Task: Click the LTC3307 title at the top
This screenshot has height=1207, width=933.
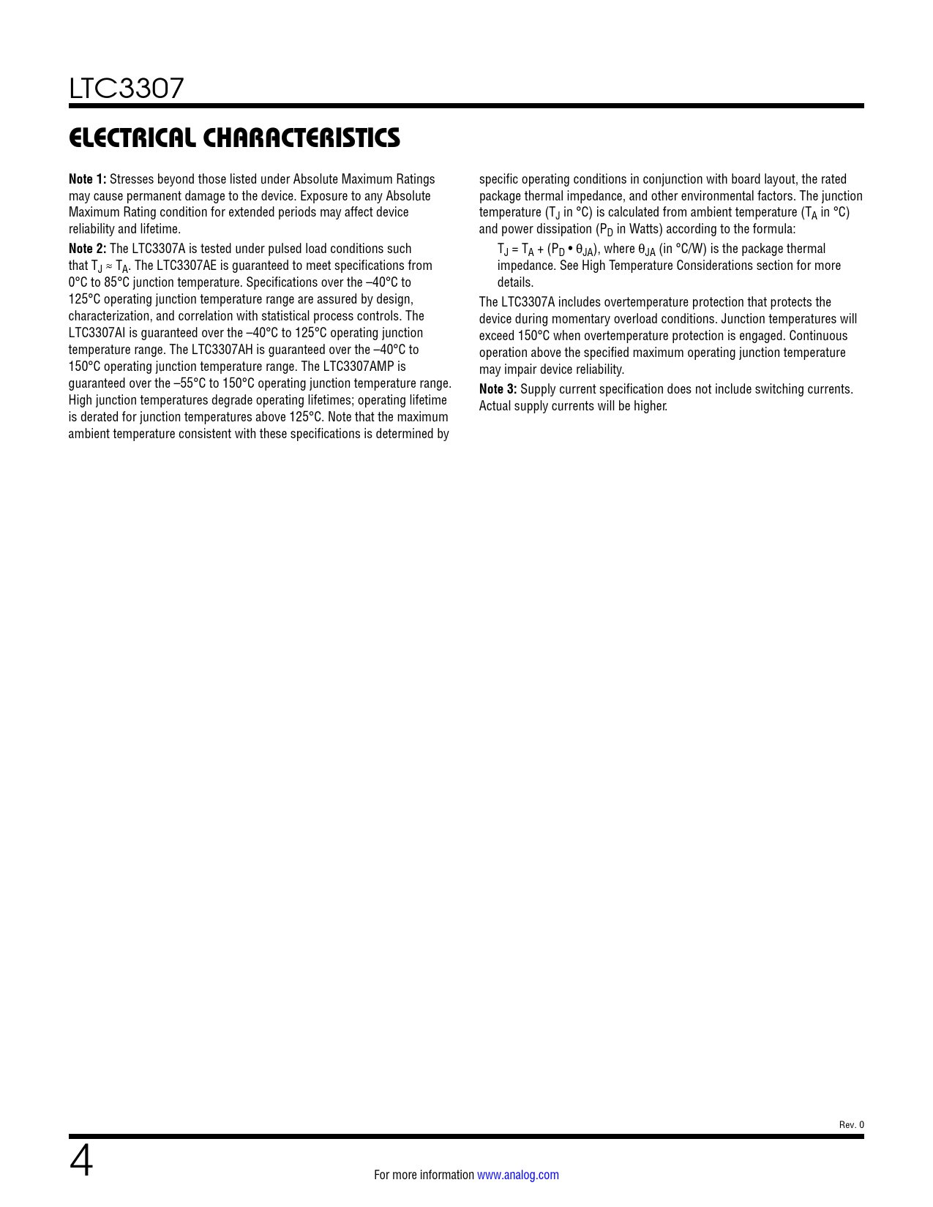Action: click(x=127, y=89)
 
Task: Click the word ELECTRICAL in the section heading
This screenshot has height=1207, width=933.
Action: click(x=132, y=138)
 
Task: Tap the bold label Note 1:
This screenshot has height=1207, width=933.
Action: click(x=87, y=179)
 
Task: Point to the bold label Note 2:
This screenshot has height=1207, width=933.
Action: click(x=87, y=249)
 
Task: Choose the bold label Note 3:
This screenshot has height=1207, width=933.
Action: click(x=498, y=389)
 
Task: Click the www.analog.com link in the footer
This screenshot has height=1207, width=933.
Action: click(x=518, y=1175)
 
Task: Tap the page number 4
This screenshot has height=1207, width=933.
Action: click(x=81, y=1162)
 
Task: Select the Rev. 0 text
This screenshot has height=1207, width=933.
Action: click(x=851, y=1125)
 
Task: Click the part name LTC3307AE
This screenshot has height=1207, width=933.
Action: click(x=187, y=266)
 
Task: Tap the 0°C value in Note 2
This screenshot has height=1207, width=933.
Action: click(x=78, y=282)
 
